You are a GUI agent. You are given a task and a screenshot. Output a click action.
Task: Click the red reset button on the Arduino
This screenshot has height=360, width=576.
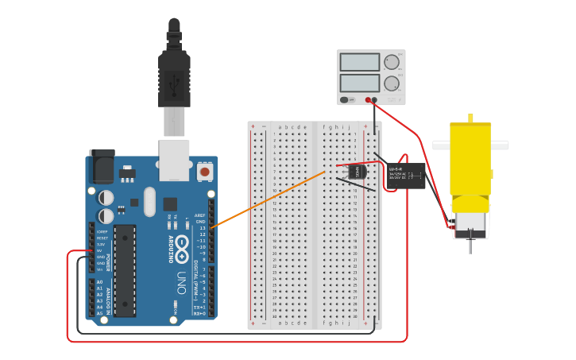[204, 171]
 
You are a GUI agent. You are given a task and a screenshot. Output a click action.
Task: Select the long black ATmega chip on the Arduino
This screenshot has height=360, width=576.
[125, 270]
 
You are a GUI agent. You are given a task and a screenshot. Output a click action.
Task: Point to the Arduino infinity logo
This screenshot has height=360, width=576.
[183, 244]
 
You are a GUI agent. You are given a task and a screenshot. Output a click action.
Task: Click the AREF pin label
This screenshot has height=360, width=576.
[200, 215]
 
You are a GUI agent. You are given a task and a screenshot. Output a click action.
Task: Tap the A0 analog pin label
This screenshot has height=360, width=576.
[99, 282]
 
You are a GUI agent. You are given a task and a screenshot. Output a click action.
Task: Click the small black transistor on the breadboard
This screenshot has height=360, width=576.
[357, 171]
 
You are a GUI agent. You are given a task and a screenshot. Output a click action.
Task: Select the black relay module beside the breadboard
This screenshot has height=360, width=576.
[404, 176]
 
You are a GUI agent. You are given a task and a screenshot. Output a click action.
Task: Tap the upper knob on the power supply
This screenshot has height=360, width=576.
[391, 62]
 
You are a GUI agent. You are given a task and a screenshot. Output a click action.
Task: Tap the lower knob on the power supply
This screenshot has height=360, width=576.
[391, 83]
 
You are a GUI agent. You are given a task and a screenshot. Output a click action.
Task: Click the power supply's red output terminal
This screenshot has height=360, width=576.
[368, 100]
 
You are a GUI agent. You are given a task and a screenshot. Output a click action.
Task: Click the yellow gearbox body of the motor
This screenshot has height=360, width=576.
[470, 159]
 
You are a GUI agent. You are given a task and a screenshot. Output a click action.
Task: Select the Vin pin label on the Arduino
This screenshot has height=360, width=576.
[100, 269]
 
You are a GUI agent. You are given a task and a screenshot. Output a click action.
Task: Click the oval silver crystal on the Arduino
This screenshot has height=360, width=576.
[150, 202]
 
